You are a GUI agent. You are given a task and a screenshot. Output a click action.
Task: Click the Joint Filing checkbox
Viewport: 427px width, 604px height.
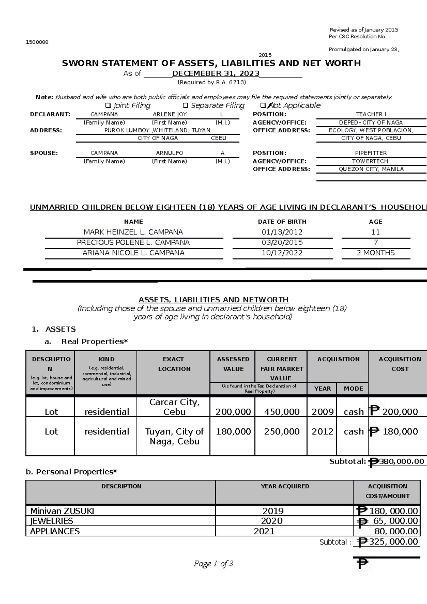tap(108, 106)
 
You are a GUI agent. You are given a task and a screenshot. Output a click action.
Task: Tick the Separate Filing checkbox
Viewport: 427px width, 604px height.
tap(185, 106)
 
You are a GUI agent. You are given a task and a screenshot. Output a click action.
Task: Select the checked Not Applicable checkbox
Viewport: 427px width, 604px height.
tap(263, 106)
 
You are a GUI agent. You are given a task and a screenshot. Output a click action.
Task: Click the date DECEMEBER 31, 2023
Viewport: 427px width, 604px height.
tap(216, 74)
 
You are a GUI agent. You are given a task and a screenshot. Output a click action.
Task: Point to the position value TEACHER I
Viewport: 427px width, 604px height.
tap(371, 114)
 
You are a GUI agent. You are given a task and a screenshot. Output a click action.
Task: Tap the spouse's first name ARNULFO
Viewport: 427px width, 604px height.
tap(169, 153)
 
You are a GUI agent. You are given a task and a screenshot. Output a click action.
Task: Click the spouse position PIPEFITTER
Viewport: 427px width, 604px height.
tap(371, 153)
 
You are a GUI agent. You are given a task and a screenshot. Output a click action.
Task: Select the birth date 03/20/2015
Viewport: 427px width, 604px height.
tap(282, 242)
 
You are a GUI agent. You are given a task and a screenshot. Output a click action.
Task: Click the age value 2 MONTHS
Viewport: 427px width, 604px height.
tap(375, 253)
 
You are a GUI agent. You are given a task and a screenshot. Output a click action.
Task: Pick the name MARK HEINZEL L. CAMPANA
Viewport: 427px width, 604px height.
tap(133, 232)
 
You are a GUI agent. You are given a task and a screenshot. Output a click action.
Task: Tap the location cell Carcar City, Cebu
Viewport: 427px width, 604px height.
tap(174, 407)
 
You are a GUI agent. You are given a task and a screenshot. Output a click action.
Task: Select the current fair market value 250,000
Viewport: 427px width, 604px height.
tap(281, 431)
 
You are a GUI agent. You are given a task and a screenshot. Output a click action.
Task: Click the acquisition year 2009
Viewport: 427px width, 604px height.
tap(322, 412)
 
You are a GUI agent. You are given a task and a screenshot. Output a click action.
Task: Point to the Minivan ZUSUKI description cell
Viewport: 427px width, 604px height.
tap(62, 511)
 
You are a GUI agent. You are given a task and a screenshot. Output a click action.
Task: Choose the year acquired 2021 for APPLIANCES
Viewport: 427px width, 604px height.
tap(264, 531)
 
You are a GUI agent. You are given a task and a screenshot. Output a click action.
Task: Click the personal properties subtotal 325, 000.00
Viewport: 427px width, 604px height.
tap(393, 541)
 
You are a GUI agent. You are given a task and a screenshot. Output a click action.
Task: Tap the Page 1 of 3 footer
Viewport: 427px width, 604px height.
tap(213, 563)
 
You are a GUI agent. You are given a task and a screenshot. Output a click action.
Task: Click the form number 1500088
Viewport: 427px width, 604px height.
tap(37, 42)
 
